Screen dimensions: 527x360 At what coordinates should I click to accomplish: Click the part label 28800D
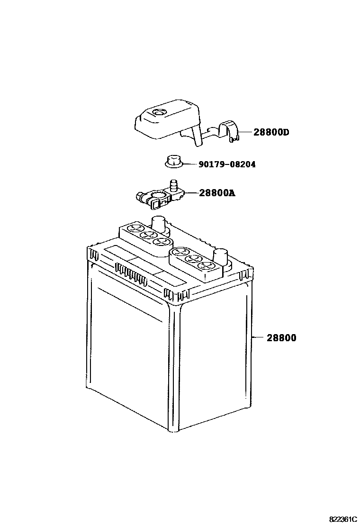tap(271, 132)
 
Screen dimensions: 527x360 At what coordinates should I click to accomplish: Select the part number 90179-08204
tap(226, 164)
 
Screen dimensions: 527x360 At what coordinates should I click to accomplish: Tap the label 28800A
tap(217, 193)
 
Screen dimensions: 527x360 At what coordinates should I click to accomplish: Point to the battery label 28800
tap(281, 338)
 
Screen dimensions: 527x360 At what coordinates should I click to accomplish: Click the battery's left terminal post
tap(158, 223)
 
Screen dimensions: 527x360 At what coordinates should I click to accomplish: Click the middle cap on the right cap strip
tap(192, 259)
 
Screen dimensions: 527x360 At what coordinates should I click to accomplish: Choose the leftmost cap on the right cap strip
tap(180, 252)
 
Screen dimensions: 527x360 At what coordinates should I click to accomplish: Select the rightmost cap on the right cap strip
tap(205, 265)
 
